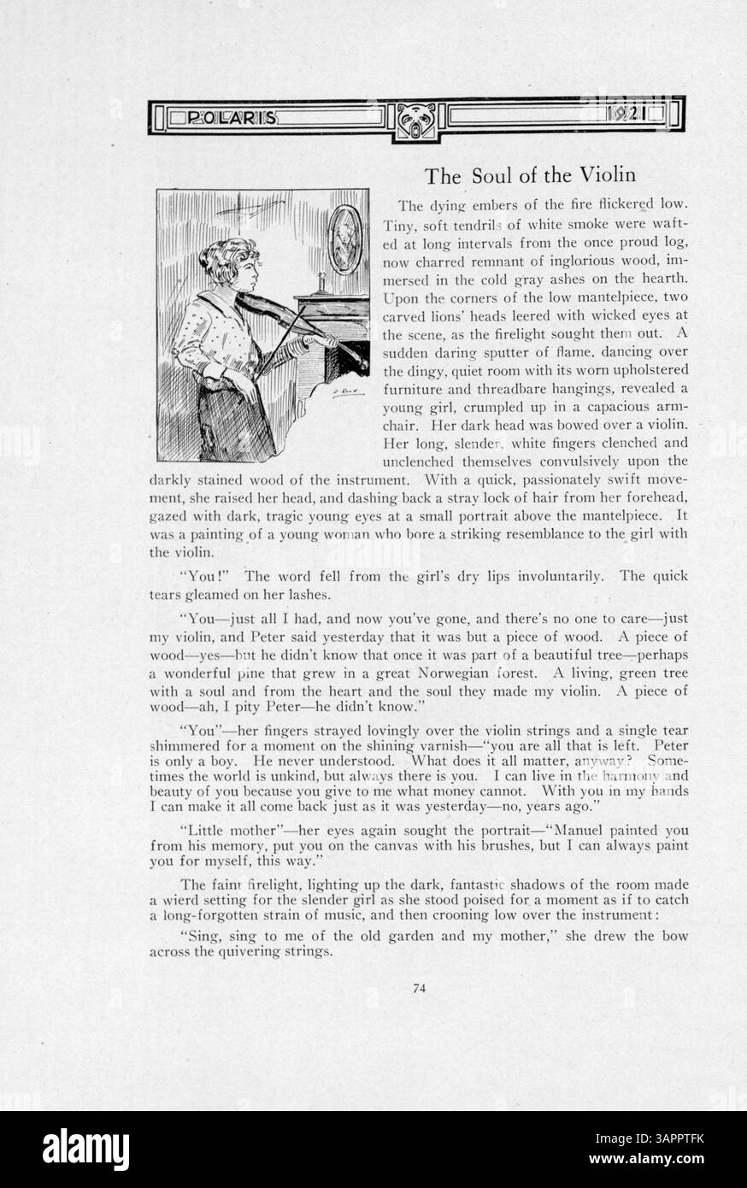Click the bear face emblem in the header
tap(417, 120)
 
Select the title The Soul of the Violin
tap(530, 176)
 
